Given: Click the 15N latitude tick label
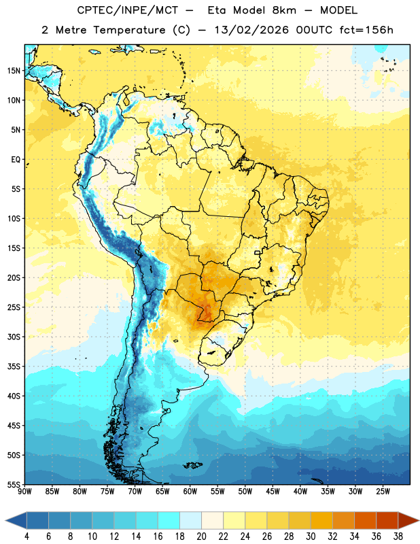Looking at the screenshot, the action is [14, 71].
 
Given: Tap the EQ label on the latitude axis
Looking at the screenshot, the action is [16, 160].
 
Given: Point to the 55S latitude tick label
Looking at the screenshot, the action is [14, 484].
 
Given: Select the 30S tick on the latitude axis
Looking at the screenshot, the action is [14, 337].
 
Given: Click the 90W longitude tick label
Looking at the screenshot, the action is [24, 492].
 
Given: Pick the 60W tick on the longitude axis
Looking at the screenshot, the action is [190, 492].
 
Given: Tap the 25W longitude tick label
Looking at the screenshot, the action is [383, 492].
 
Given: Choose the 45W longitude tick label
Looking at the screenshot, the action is [273, 492].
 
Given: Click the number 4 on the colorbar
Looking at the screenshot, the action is [27, 537].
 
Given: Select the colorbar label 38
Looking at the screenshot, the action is [398, 537].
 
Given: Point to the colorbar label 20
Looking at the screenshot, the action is [201, 537].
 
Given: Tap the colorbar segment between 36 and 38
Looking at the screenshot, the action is [387, 520].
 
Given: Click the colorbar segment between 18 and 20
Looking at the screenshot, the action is [190, 520].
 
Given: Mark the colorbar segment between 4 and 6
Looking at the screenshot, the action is [37, 520].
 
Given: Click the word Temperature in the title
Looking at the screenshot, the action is [129, 30].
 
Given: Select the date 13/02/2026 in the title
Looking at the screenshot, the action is [251, 30].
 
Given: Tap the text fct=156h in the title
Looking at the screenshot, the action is [366, 30].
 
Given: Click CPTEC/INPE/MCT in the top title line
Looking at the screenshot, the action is [128, 10].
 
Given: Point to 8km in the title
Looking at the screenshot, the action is [284, 10].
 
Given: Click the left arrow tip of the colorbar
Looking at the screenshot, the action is [5, 520].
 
